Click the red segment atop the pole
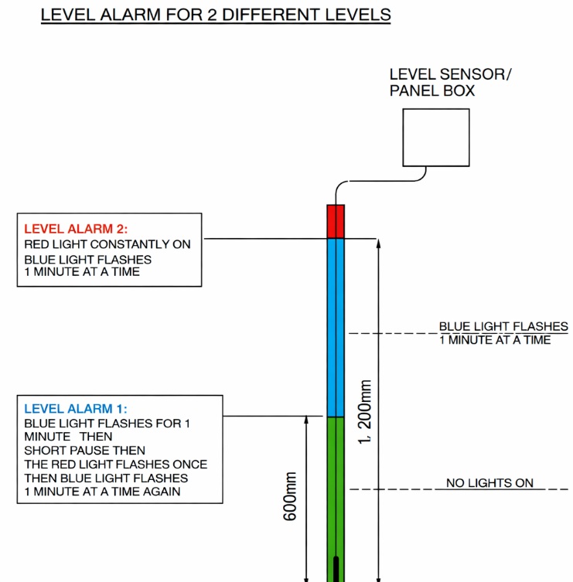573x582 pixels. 335,221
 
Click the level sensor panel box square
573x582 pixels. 435,138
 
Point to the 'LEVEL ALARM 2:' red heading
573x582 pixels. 76,229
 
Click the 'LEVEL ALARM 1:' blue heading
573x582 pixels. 76,409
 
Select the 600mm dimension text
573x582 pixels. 290,495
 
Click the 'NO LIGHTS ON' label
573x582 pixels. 489,483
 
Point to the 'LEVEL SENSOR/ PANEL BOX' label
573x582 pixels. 450,83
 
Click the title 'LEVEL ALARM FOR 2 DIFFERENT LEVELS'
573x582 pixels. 216,15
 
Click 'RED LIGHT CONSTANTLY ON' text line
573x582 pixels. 107,244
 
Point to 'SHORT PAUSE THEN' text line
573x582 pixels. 84,451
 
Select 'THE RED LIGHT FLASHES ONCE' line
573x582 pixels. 115,465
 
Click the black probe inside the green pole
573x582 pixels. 335,568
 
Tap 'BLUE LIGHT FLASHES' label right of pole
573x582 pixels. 503,327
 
